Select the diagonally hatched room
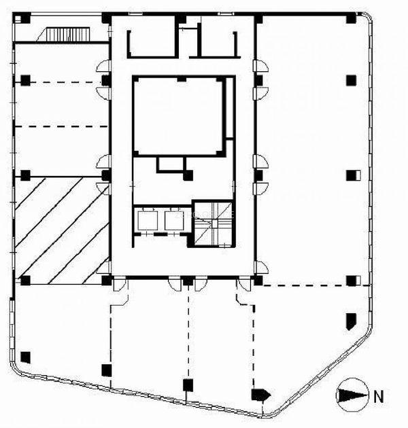pyautogui.click(x=62, y=231)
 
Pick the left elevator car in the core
pyautogui.click(x=146, y=219)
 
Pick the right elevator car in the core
pyautogui.click(x=173, y=220)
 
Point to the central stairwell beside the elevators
pyautogui.click(x=213, y=224)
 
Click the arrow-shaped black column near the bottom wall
pyautogui.click(x=260, y=395)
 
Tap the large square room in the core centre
pyautogui.click(x=179, y=117)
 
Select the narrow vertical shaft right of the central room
pyautogui.click(x=230, y=107)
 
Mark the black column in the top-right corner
pyautogui.click(x=351, y=18)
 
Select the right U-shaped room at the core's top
pyautogui.click(x=217, y=44)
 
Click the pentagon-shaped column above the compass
pyautogui.click(x=351, y=321)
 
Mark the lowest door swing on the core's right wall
pyautogui.click(x=261, y=267)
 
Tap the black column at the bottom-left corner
pyautogui.click(x=25, y=357)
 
